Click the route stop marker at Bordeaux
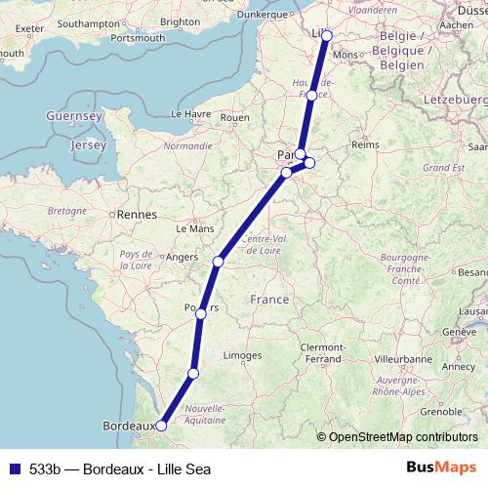tap(161, 426)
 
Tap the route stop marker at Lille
tap(326, 36)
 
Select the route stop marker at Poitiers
tap(200, 313)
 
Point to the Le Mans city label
tap(194, 228)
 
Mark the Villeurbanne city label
tap(403, 359)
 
